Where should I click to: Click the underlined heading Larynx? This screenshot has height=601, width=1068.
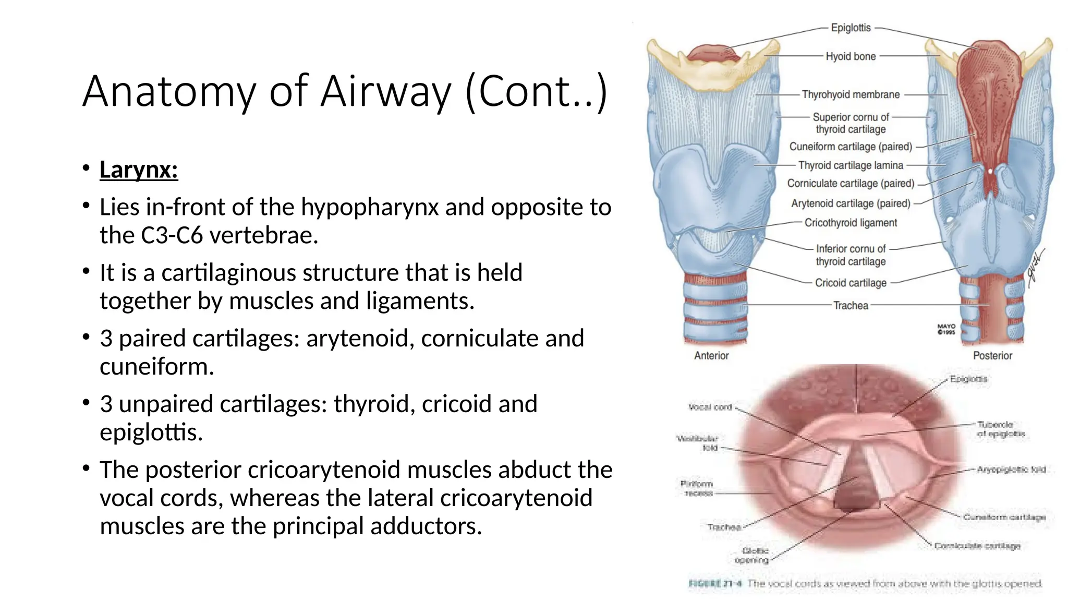(139, 170)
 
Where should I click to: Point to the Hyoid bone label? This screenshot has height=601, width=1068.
(851, 56)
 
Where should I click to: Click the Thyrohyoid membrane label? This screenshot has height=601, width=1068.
(851, 94)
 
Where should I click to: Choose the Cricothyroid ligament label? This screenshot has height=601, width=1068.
(851, 223)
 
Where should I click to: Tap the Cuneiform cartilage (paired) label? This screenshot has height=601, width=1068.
(851, 147)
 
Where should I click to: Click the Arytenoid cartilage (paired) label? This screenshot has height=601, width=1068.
(851, 203)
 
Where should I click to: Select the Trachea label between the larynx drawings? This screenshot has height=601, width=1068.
(851, 305)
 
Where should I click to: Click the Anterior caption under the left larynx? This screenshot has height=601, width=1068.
(711, 355)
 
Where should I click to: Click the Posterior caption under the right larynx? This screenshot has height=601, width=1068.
(992, 355)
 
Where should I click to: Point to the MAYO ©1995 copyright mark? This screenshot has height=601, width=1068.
(946, 329)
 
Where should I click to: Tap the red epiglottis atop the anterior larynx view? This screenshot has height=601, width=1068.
(713, 53)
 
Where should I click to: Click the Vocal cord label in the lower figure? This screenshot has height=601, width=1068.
(710, 407)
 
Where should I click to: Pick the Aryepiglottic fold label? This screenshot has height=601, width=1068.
(1011, 470)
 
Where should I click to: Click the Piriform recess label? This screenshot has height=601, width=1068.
(697, 488)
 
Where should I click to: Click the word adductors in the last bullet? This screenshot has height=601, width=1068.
(425, 526)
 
